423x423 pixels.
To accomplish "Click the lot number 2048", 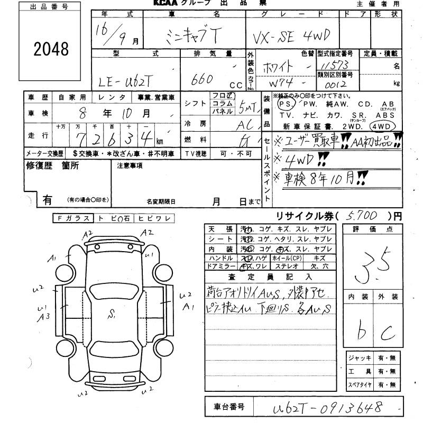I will pos(51,49).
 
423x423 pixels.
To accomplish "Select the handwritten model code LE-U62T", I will pos(127,81).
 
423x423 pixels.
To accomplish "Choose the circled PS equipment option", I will pos(284,105).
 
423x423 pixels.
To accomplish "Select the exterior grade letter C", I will pos(388,332).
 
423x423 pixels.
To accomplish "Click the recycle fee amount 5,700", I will pos(363,216).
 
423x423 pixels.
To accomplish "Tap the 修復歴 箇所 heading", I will pos(52,165).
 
